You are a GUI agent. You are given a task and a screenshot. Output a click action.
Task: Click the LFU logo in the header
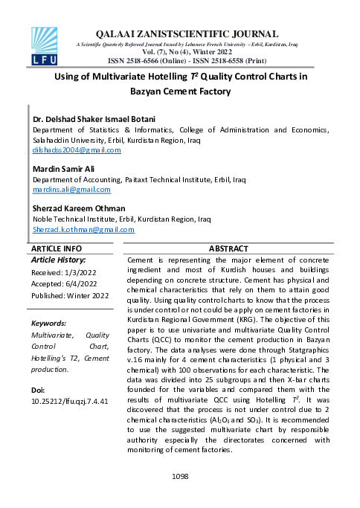coord(44,45)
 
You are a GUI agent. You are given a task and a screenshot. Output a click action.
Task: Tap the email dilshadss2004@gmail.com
coord(76,150)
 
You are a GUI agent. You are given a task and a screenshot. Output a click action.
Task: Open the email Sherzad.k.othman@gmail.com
coord(82,230)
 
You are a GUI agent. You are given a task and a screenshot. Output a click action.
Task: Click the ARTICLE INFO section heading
coord(57,248)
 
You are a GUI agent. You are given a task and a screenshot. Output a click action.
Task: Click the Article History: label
coord(58,260)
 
